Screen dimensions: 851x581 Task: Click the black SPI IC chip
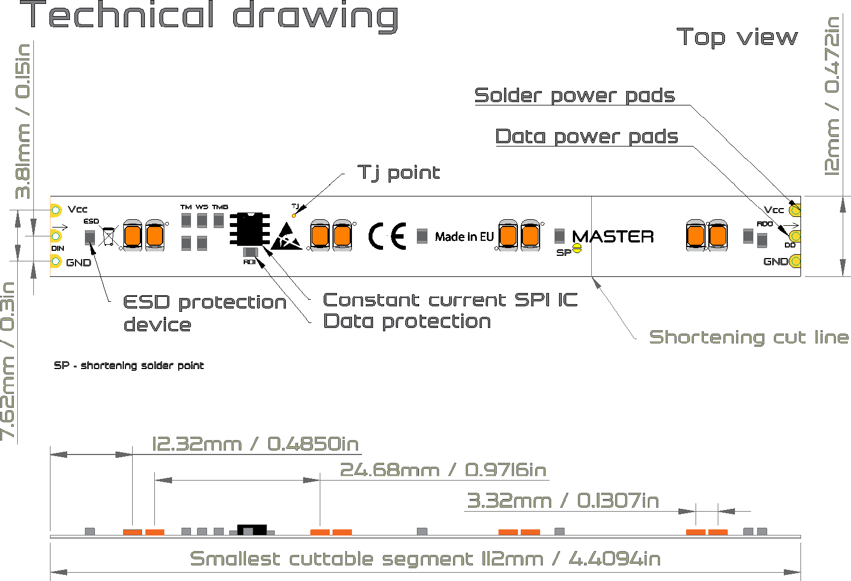[250, 229]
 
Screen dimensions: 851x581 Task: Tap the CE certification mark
[387, 236]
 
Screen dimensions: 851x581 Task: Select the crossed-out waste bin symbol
[108, 236]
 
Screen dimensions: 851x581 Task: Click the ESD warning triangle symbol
[286, 236]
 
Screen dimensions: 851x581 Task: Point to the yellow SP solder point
[577, 249]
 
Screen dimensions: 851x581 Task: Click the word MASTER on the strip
[613, 236]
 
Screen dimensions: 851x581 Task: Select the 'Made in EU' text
[464, 236]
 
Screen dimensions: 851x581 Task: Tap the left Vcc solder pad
[56, 210]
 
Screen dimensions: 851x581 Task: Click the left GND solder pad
[56, 261]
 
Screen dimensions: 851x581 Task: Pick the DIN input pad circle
[56, 236]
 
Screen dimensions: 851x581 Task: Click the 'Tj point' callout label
[399, 173]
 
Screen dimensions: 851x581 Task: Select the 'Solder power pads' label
[575, 95]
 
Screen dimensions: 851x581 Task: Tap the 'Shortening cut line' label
[749, 337]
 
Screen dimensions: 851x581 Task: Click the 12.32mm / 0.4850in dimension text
[255, 444]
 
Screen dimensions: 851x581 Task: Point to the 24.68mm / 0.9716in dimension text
[444, 469]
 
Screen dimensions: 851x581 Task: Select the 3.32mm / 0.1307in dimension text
[563, 501]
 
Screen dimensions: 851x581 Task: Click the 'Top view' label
[737, 38]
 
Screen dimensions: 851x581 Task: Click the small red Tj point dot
[294, 216]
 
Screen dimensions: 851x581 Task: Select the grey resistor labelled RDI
[250, 252]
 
